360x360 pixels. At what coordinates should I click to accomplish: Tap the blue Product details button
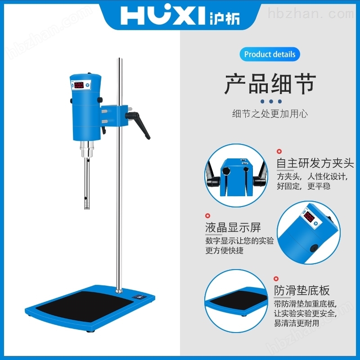pos(270,54)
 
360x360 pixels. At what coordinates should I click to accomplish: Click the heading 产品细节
pos(270,84)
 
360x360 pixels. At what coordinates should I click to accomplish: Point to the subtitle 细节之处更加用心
pos(270,113)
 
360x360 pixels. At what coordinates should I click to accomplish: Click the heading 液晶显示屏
pos(233,228)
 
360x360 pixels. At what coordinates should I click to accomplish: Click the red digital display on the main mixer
pos(79,85)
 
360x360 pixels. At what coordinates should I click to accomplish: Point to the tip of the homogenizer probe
pos(87,207)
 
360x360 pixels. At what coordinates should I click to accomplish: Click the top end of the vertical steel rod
pos(120,59)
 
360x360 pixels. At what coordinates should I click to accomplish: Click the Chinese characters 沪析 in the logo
pos(225,17)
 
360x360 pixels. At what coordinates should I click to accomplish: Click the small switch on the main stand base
pos(139,297)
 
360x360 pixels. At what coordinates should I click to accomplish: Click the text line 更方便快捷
pos(225,251)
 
